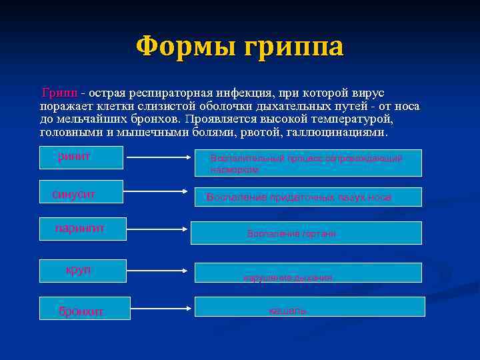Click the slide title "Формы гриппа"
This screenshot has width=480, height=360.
pos(239,47)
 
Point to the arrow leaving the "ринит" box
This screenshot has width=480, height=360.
pos(152,157)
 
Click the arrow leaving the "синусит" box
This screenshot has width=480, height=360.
pos(152,194)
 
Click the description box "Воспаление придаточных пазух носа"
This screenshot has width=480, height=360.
pos(308,197)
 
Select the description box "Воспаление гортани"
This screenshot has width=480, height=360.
pos(306,233)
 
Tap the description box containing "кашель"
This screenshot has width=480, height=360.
pos(309,307)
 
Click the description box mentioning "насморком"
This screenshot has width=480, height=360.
pos(308,163)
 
